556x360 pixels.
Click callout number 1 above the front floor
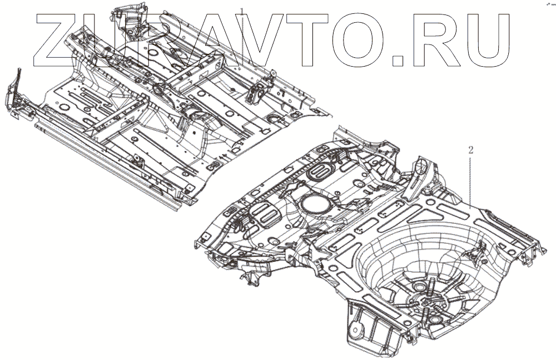[242, 9]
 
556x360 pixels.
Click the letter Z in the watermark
[58, 38]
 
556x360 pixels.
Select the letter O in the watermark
[349, 38]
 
